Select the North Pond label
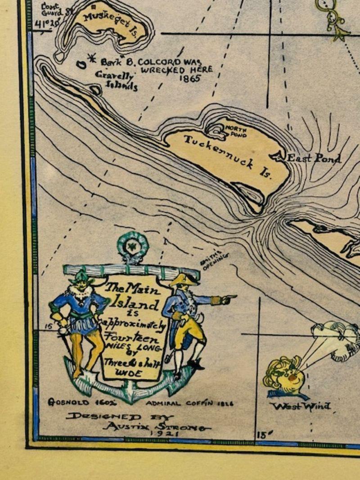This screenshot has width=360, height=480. pyautogui.click(x=236, y=132)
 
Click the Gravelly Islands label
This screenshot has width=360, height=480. pyautogui.click(x=117, y=81)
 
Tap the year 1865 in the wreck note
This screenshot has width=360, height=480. pyautogui.click(x=189, y=79)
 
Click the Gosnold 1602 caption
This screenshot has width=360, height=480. pyautogui.click(x=72, y=402)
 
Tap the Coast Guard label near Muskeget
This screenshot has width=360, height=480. pyautogui.click(x=52, y=9)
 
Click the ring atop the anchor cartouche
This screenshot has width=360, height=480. pyautogui.click(x=133, y=247)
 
